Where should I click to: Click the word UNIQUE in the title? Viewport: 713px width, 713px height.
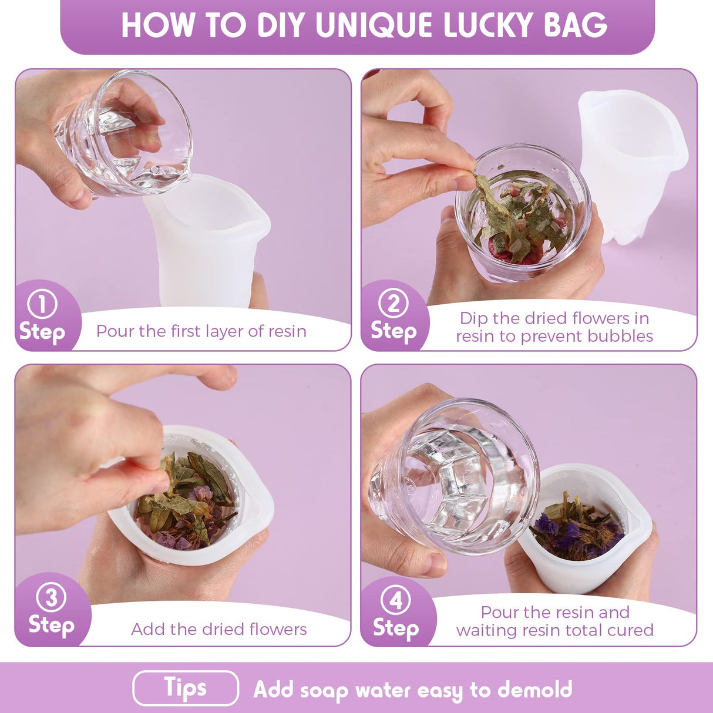(374, 25)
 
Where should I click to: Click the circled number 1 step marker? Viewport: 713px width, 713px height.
(42, 304)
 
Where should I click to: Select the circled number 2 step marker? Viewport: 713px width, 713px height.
(394, 304)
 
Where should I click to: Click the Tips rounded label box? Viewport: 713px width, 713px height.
(186, 688)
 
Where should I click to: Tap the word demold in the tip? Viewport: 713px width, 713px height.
(534, 688)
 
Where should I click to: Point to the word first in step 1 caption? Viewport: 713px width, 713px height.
(186, 331)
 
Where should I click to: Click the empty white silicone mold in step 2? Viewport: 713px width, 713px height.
(633, 166)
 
